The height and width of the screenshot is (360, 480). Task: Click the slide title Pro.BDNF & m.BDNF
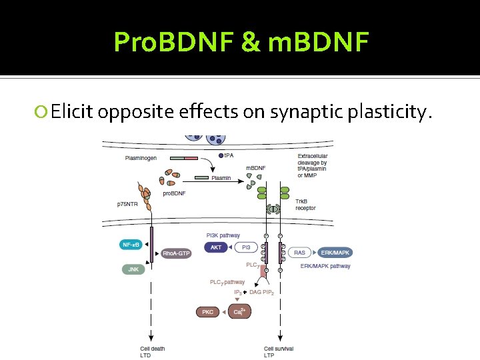(x=241, y=41)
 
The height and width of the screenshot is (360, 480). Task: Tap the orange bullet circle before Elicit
(x=42, y=112)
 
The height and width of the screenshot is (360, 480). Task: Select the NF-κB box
(x=132, y=245)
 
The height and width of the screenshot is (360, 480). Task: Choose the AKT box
(x=216, y=247)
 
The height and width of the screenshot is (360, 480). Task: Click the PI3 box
(x=246, y=247)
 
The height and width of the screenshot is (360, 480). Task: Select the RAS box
(x=300, y=253)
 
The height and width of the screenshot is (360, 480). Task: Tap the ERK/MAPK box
(x=335, y=253)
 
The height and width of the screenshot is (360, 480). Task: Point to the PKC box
(x=208, y=311)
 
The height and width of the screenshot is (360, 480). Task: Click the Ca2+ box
(x=238, y=311)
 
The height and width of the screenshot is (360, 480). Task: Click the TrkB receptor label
(x=307, y=204)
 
